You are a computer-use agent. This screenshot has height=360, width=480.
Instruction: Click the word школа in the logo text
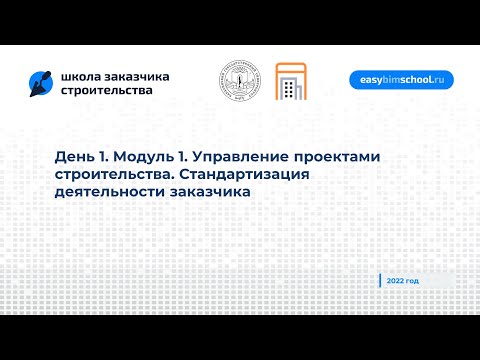79,76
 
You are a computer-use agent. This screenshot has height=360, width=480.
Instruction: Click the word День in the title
77,157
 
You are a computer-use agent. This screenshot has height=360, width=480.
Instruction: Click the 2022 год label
404,281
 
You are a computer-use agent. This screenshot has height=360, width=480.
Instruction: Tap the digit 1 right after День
106,157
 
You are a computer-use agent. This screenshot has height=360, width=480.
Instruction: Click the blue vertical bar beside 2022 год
381,281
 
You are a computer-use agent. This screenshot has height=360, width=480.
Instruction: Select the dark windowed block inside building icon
290,91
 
